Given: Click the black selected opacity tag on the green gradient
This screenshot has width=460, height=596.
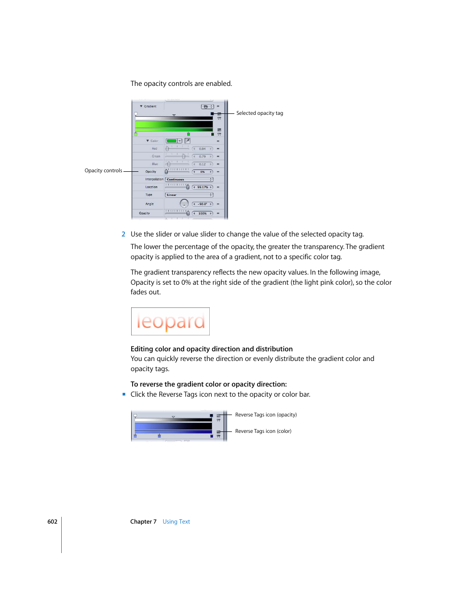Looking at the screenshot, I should [x=212, y=113].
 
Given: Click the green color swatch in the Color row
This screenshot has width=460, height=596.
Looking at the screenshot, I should [x=172, y=141].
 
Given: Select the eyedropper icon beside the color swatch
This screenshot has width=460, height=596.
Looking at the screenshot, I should [x=188, y=141].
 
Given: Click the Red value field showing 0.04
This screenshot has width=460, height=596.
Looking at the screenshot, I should [x=203, y=149].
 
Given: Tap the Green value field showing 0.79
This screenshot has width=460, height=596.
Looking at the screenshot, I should [x=203, y=156].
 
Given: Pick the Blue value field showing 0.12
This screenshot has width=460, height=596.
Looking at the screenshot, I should [x=203, y=164].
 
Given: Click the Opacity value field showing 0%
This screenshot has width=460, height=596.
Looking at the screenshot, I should [x=203, y=172].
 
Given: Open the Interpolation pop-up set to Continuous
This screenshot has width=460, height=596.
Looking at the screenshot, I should [x=189, y=180].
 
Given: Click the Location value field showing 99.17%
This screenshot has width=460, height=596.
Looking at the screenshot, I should [x=203, y=187].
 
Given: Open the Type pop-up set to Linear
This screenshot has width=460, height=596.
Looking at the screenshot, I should [x=189, y=195].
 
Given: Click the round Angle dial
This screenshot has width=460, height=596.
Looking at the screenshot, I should [x=184, y=204].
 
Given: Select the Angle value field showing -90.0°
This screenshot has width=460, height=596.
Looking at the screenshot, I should [x=203, y=204].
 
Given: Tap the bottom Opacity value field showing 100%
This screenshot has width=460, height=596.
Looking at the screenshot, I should [x=203, y=213].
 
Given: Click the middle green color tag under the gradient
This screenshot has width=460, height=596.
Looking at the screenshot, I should [x=188, y=134].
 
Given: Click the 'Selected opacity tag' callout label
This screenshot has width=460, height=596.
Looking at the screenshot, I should [x=259, y=113].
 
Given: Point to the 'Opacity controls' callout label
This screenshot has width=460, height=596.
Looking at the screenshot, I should [x=103, y=171].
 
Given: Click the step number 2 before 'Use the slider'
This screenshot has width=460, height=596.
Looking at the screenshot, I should [x=123, y=235].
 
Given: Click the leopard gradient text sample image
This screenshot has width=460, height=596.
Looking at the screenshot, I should [x=170, y=321].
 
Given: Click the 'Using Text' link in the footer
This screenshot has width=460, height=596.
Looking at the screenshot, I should [x=176, y=522].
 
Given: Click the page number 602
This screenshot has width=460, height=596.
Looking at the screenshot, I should [x=52, y=522].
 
